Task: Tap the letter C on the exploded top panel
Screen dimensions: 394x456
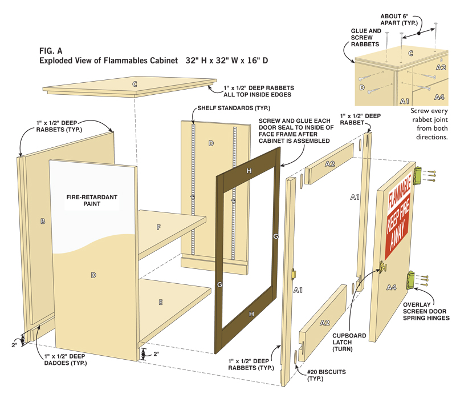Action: click(135, 85)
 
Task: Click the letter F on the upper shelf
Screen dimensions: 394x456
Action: click(158, 227)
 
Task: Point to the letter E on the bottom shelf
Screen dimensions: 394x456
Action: click(161, 300)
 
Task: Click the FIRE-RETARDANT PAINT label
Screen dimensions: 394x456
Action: click(92, 200)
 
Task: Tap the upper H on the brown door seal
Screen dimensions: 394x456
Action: click(249, 171)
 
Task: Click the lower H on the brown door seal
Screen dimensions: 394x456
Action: click(250, 314)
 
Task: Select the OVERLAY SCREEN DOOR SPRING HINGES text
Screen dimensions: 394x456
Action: click(425, 311)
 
